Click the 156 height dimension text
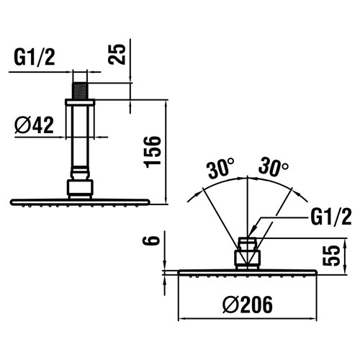pos(152,152)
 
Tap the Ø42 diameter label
pos(34,125)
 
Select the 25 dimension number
pos(117,54)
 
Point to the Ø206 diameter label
pos(248,305)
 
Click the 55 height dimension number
pos(331,256)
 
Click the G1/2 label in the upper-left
pos(35,58)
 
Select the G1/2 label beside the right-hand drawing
pos(331,217)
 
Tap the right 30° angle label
pos(274,166)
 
